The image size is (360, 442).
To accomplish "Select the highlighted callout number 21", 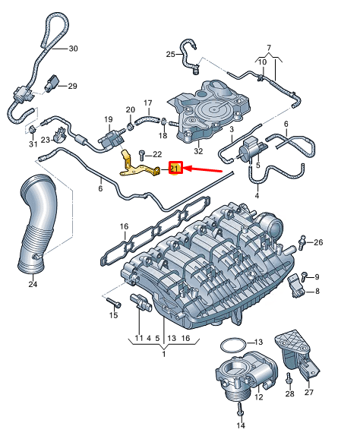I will pyautogui.click(x=174, y=169).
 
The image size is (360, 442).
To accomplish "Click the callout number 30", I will pyautogui.click(x=73, y=49).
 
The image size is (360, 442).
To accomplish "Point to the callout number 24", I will pyautogui.click(x=32, y=285).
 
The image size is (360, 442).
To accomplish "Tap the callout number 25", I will pyautogui.click(x=171, y=54).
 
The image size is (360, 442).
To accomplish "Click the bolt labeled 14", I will pyautogui.click(x=240, y=411).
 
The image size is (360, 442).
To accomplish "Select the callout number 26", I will pyautogui.click(x=318, y=243).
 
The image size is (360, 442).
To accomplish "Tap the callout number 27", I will pyautogui.click(x=308, y=393).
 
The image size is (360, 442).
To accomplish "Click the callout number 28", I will pyautogui.click(x=289, y=393).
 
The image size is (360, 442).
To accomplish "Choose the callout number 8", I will pyautogui.click(x=317, y=292).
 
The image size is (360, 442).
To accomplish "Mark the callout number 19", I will pyautogui.click(x=108, y=119).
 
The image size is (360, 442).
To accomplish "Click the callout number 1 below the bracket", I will pyautogui.click(x=163, y=354).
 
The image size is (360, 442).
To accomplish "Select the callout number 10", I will pyautogui.click(x=263, y=62).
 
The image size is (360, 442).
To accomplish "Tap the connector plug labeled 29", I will pyautogui.click(x=56, y=83).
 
